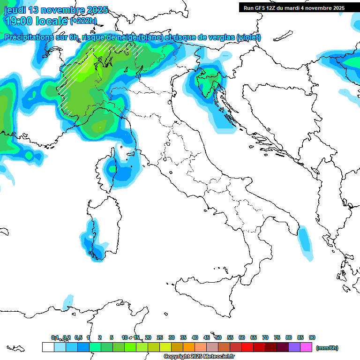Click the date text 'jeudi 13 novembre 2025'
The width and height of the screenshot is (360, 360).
tap(56, 10)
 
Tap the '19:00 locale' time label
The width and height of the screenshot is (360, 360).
tap(36, 21)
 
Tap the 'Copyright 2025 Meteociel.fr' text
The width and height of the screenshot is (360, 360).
tap(199, 357)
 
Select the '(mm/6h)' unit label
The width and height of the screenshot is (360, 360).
tap(327, 348)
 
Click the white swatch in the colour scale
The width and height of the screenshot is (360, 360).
tap(48, 347)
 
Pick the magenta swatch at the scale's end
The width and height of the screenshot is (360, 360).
tap(306, 347)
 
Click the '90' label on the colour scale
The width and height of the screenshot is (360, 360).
tap(312, 337)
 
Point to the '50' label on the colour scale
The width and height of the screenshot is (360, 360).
tap(218, 337)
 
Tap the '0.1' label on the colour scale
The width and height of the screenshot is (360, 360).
tap(55, 337)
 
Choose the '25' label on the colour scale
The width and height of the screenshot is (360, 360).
tap(160, 337)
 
